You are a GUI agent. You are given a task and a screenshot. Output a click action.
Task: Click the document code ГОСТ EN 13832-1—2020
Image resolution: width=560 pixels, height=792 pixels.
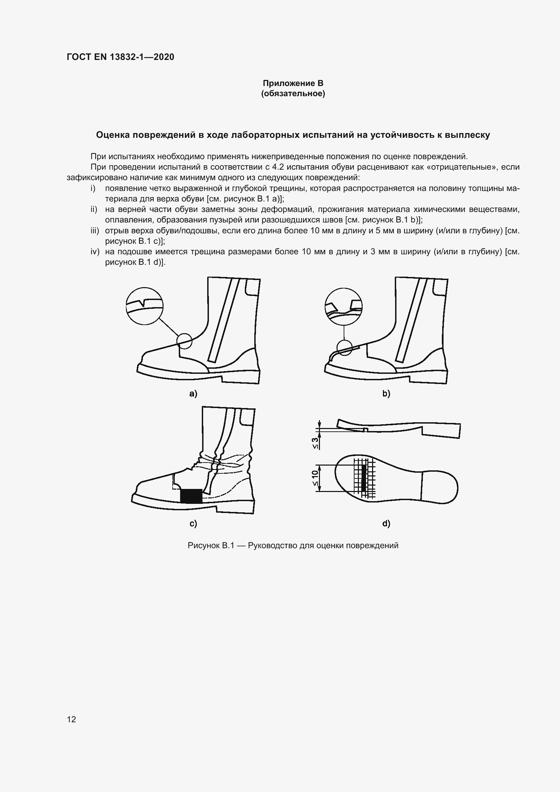coord(120,57)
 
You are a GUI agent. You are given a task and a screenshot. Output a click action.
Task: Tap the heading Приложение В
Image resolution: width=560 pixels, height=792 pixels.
coord(293,83)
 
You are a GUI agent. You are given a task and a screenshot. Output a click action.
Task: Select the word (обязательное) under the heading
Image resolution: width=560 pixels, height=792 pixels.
coord(293,93)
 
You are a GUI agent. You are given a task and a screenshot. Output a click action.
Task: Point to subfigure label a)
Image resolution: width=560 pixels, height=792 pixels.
coord(193,393)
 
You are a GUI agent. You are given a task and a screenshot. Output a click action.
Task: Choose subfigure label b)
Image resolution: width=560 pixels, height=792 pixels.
coord(386,393)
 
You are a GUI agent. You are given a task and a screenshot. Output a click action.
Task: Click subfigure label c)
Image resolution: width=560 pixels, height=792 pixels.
coord(193,523)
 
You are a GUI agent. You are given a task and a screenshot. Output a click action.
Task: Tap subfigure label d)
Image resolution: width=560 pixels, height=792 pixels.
coord(386,523)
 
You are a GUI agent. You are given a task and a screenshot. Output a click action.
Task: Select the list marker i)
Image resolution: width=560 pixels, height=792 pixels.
coord(93,188)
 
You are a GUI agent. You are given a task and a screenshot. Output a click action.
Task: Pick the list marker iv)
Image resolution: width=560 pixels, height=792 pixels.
coord(95,252)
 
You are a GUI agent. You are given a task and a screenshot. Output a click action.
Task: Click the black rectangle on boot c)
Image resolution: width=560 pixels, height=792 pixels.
coord(191,496)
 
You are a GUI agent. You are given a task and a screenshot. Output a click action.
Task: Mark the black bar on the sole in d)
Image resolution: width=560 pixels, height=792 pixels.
coord(363,478)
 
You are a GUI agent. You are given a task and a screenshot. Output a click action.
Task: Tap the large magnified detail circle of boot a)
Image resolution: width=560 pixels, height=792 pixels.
coord(145,306)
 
